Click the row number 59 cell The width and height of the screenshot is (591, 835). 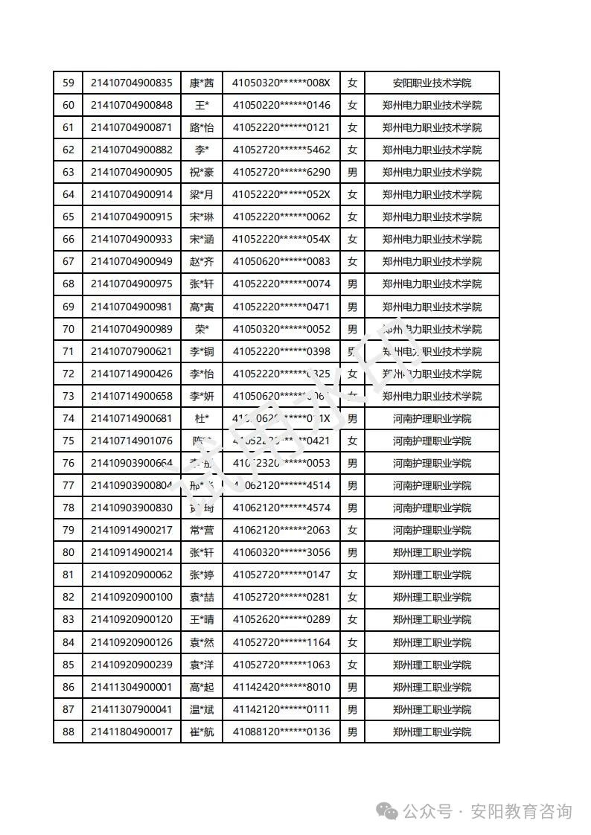click(68, 83)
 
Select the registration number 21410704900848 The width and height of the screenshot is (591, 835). click(131, 105)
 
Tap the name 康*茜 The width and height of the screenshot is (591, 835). click(201, 83)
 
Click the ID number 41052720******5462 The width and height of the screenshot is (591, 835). click(281, 150)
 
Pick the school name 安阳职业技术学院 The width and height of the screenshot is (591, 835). click(432, 83)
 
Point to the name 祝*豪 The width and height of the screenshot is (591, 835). click(201, 172)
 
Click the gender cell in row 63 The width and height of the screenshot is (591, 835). click(352, 172)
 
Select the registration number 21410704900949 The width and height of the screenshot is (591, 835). click(131, 261)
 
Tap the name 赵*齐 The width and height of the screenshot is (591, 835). click(201, 261)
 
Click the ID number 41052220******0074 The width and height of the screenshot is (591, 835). click(281, 284)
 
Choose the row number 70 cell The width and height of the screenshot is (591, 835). click(68, 329)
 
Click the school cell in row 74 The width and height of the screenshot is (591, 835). click(432, 418)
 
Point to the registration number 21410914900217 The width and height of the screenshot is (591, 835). click(131, 530)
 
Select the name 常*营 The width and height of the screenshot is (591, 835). click(201, 530)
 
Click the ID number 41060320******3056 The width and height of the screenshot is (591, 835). click(281, 552)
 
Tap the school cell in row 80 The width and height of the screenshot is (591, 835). click(432, 552)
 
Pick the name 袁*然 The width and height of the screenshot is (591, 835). click(201, 642)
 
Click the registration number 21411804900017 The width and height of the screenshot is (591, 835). click(131, 732)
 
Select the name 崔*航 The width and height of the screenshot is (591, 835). click(201, 732)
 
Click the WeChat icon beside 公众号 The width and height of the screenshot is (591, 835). click(387, 810)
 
